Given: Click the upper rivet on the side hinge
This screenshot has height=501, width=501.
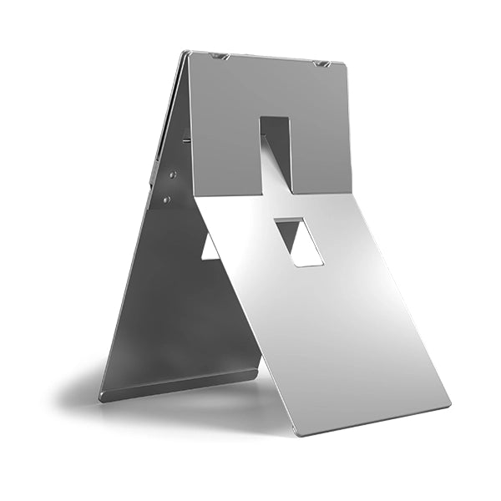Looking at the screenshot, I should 173,175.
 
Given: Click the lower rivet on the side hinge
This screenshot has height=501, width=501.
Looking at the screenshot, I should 167,200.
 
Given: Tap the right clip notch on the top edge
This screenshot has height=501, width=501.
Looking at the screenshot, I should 321,63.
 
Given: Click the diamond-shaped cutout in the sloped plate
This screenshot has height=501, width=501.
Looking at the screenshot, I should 298,241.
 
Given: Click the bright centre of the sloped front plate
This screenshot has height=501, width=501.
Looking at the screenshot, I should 334,317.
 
